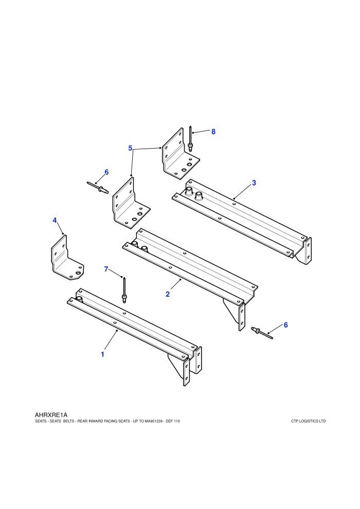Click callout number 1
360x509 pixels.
point(102,354)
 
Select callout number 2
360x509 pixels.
point(168,295)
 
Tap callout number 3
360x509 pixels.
point(254,183)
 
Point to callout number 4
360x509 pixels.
point(55,221)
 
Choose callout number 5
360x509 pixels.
point(130,149)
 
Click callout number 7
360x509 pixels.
point(106,269)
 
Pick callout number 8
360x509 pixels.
point(213,132)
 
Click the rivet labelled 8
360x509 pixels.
point(190,139)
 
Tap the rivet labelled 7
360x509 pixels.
point(124,290)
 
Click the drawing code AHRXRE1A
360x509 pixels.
point(51,415)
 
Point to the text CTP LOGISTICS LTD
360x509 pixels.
point(309,422)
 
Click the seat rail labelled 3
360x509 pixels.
point(242,221)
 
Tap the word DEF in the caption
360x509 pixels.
point(169,422)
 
